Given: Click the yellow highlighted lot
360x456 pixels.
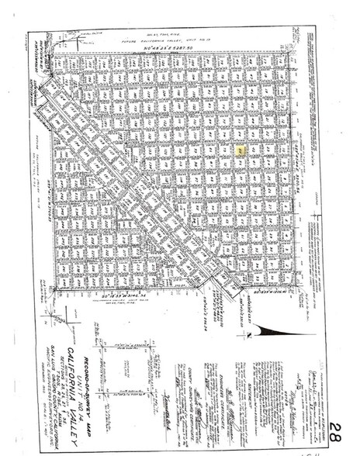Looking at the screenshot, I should click(x=241, y=149).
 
